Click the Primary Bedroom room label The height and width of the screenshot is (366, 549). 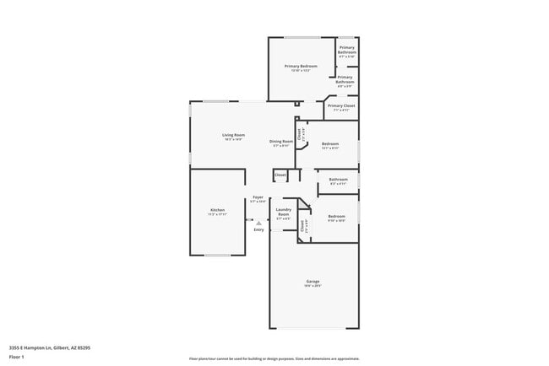coord(301,66)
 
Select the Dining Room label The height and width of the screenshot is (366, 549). coord(281,141)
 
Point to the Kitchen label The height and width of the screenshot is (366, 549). coord(217,209)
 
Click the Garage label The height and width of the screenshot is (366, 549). coord(313,281)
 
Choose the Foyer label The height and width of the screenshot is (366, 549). coord(258,197)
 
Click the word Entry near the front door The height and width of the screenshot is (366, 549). coord(258,229)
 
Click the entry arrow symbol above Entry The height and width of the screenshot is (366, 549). coord(258,223)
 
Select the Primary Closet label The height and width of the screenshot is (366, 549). coord(341,105)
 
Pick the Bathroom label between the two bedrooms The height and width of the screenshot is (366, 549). coord(338,179)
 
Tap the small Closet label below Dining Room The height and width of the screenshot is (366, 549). coord(280,175)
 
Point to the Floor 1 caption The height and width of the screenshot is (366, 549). coord(17,357)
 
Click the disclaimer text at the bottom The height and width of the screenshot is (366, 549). coord(274,358)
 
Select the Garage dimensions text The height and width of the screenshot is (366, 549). coord(313,286)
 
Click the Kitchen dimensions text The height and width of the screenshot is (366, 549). coord(217,214)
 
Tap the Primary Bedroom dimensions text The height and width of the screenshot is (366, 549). coord(301,71)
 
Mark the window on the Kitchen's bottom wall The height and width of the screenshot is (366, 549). coord(217,255)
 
